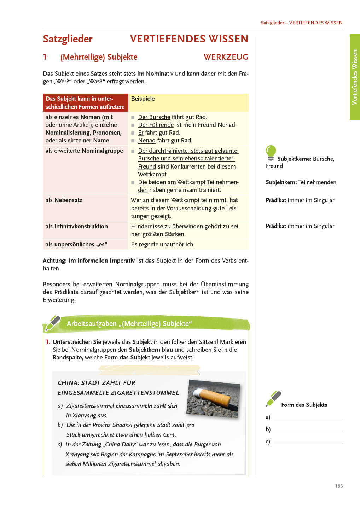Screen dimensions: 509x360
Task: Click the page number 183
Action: click(x=339, y=486)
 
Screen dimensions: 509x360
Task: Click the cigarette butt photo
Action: click(x=214, y=398)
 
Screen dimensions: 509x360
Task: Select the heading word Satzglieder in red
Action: click(x=68, y=39)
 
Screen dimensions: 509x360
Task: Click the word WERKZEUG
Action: click(x=226, y=57)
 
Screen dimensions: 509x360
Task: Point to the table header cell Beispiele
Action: click(x=143, y=99)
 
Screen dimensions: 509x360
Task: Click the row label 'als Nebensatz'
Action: click(x=64, y=200)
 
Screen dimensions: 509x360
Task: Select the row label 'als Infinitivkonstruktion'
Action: click(x=76, y=227)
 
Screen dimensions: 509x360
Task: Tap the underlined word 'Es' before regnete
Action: click(x=134, y=245)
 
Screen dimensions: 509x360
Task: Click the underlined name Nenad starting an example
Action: click(x=146, y=141)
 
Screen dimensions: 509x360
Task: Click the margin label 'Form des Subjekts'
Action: click(x=304, y=405)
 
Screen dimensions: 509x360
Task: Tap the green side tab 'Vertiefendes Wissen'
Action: click(x=355, y=77)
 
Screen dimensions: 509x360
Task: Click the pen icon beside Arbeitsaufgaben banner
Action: click(x=52, y=323)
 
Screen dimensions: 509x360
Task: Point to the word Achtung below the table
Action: click(x=54, y=261)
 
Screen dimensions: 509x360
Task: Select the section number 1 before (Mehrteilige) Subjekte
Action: click(x=45, y=57)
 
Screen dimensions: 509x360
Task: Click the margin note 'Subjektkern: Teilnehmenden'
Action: click(x=301, y=182)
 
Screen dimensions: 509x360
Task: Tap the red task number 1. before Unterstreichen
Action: click(x=48, y=342)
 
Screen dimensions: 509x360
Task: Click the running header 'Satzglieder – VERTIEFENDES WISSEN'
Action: click(x=301, y=23)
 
